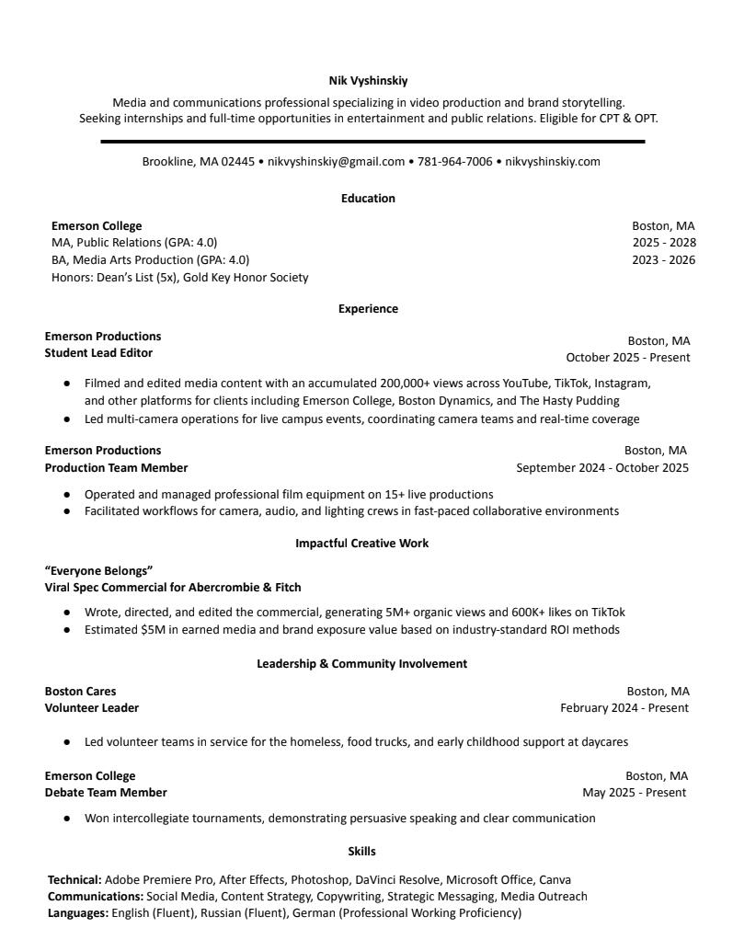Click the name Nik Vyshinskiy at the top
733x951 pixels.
coord(368,81)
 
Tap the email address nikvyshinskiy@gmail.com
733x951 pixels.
coord(336,162)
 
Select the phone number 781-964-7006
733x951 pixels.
coord(454,162)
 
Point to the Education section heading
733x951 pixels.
coord(368,199)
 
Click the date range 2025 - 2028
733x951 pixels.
coord(663,243)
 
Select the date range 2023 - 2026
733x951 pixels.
coord(663,260)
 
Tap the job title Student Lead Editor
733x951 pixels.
coord(98,353)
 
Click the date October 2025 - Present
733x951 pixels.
coord(627,358)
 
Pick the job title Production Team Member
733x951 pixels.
coord(116,468)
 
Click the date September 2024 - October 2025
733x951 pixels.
coord(601,468)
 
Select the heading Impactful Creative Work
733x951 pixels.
coord(361,544)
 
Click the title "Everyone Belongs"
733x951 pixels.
coord(98,570)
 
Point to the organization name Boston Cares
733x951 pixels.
coord(80,692)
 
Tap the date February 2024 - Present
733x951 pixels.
coord(624,708)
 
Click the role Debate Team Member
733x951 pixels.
coord(106,793)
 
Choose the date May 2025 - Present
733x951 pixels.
coord(634,793)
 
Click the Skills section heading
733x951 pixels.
coord(361,852)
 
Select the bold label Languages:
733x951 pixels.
coord(78,913)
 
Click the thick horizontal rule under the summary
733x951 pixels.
coord(372,142)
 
